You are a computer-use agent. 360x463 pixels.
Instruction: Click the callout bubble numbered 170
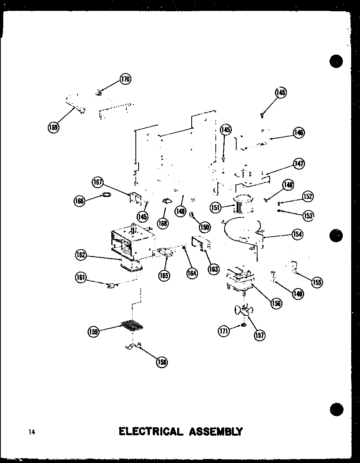[125, 79]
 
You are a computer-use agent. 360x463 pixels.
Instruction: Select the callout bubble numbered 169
[53, 127]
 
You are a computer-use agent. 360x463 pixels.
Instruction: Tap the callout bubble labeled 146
[298, 133]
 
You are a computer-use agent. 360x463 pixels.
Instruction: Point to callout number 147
[298, 164]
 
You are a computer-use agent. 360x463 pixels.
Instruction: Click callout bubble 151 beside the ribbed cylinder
[216, 207]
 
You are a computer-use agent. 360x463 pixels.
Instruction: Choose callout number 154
[297, 234]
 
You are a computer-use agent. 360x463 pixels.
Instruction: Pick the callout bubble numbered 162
[81, 255]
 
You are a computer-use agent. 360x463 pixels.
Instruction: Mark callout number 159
[94, 331]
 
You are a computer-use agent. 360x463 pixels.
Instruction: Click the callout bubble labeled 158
[162, 362]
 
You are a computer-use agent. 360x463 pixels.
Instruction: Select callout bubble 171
[224, 331]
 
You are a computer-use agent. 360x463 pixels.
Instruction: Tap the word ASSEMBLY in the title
[215, 432]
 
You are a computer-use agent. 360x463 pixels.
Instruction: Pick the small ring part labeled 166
[106, 195]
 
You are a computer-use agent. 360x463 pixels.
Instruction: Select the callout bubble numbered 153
[308, 215]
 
